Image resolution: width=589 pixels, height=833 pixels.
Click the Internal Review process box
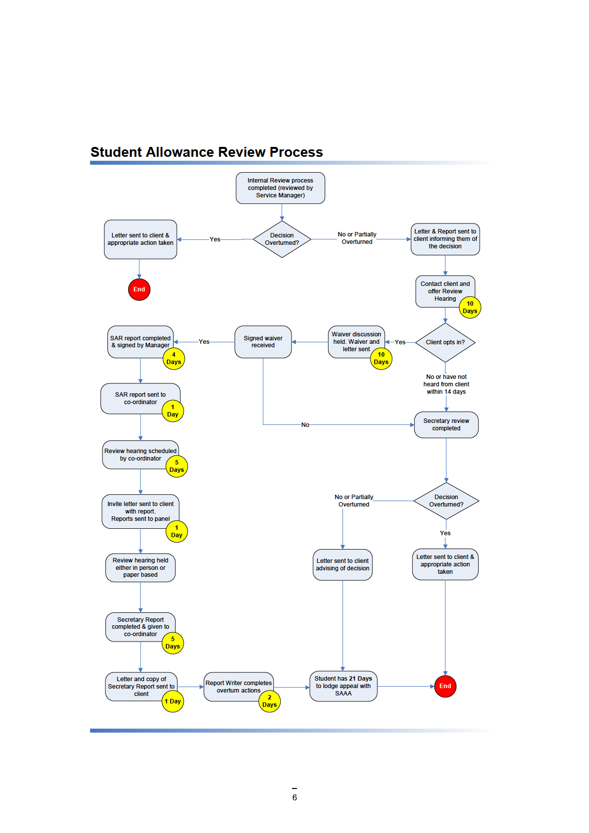[x=280, y=188]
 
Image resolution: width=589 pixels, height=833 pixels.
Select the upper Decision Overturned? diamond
[x=282, y=239]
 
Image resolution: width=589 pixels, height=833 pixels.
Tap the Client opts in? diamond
[x=445, y=342]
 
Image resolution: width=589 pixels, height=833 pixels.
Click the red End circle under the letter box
[x=139, y=289]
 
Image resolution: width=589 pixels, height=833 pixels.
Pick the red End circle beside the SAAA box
[x=445, y=686]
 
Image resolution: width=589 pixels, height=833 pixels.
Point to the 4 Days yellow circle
[x=174, y=359]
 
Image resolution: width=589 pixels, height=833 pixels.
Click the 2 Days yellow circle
[x=269, y=701]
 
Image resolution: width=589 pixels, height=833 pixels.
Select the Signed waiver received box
[x=263, y=342]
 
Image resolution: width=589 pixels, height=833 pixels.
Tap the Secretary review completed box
[x=446, y=425]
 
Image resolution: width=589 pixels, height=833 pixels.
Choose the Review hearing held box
[x=140, y=567]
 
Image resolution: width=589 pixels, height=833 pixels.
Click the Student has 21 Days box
[x=343, y=686]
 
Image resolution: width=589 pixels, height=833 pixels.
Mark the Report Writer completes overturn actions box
[x=238, y=687]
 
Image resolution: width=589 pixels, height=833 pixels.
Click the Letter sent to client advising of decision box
[x=343, y=564]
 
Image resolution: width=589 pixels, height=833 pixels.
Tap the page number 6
[x=294, y=797]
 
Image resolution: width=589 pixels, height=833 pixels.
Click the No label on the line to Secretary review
[x=305, y=425]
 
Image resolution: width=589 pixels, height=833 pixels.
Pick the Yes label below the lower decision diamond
[x=445, y=533]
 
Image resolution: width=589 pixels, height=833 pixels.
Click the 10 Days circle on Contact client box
[x=470, y=308]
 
